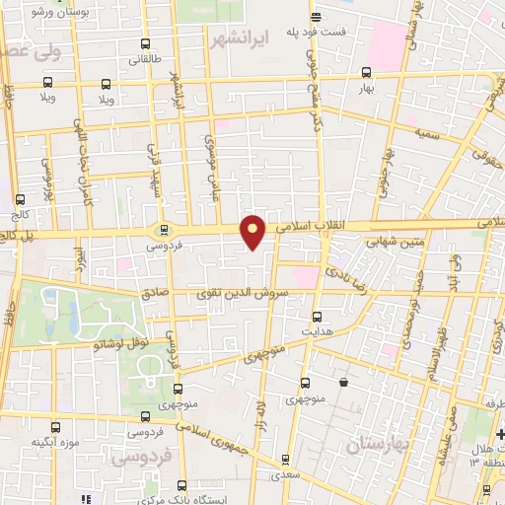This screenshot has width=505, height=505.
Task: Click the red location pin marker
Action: (x=253, y=232)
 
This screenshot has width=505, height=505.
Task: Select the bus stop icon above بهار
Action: (x=366, y=72)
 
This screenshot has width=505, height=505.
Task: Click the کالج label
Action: (x=22, y=213)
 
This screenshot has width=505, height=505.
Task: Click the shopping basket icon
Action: (x=342, y=382)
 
